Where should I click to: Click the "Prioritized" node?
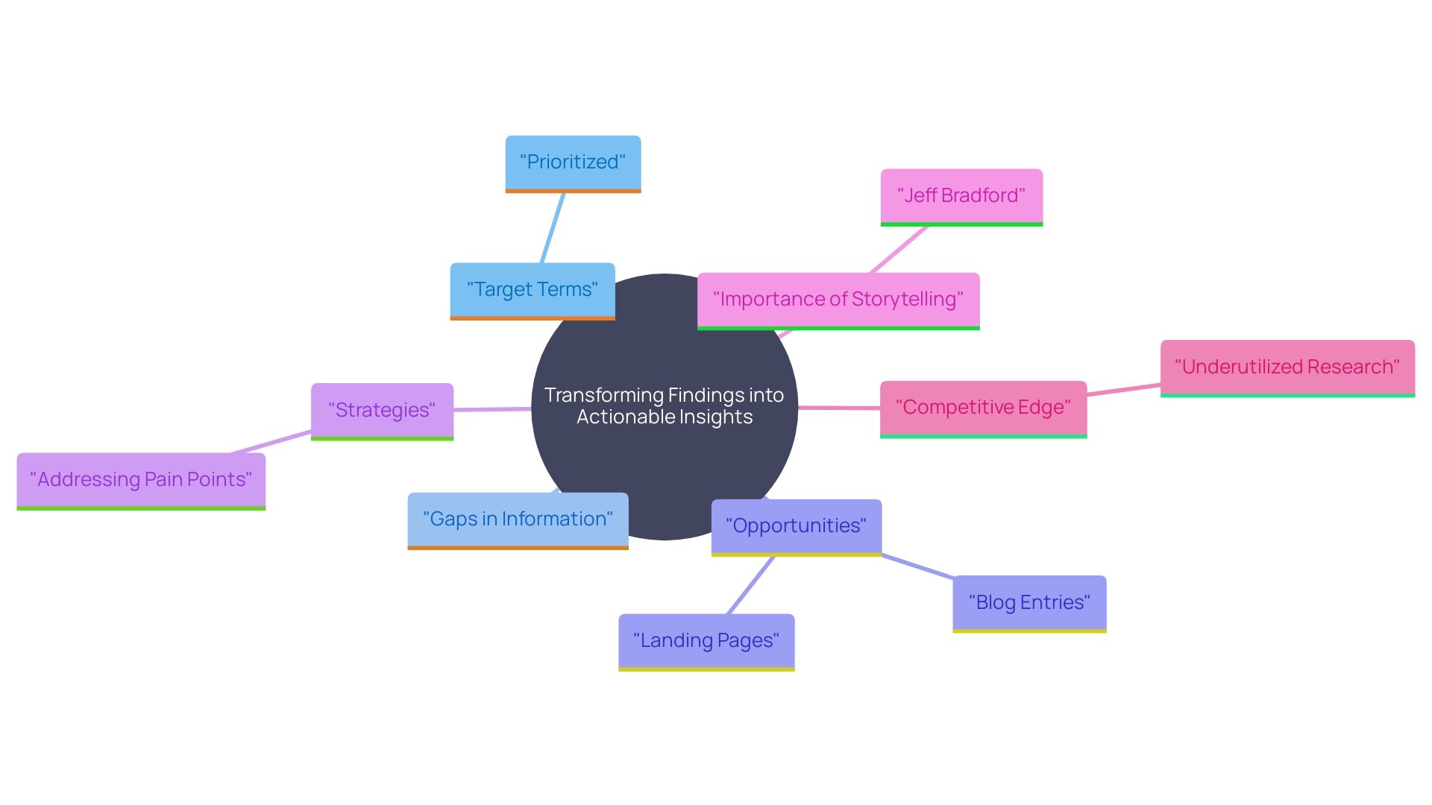click(x=573, y=162)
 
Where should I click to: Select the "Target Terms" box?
click(x=532, y=290)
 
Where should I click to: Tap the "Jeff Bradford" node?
click(x=961, y=196)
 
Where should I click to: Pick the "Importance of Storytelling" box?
click(x=838, y=300)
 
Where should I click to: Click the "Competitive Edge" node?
click(x=983, y=408)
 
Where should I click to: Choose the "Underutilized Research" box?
click(x=1287, y=367)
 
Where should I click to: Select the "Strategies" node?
click(x=382, y=411)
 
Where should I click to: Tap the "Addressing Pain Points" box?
click(x=141, y=480)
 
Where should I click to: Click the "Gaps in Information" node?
click(x=518, y=520)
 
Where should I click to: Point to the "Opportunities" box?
click(x=796, y=526)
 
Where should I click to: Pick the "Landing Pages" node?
click(x=706, y=641)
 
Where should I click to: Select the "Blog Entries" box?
click(x=1029, y=603)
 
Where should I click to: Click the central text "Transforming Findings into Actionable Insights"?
click(x=665, y=406)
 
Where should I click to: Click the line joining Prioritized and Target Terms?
click(x=553, y=227)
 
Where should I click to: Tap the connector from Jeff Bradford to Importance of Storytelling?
click(x=899, y=250)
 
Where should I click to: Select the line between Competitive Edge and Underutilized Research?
click(x=1123, y=390)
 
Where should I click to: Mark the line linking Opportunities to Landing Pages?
click(x=751, y=585)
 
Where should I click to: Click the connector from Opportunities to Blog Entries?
click(x=917, y=566)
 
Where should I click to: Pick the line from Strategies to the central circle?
click(x=492, y=409)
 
